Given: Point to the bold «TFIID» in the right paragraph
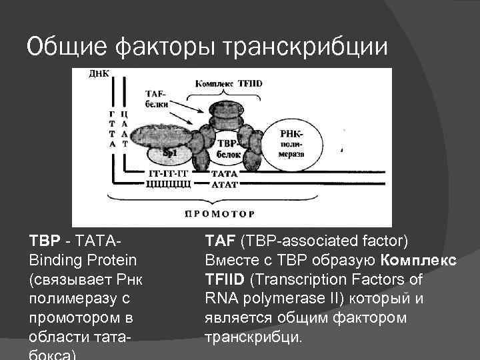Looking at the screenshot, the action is coord(221,279).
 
